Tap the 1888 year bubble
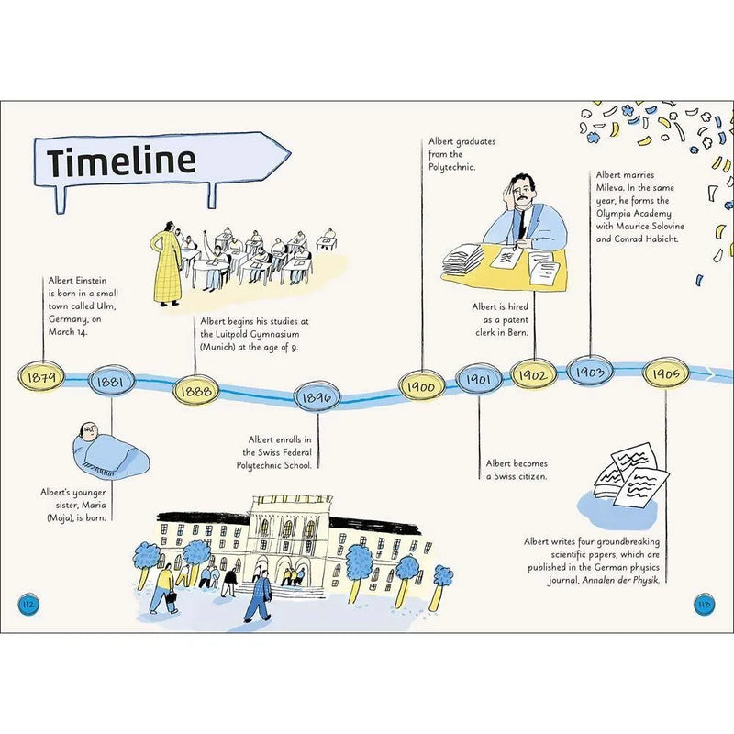point(196,388)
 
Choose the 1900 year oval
point(421,386)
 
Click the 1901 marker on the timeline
point(479,378)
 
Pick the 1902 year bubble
point(533,374)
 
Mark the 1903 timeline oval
point(591,371)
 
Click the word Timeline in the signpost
point(122,161)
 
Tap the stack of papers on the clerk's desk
point(465,261)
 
